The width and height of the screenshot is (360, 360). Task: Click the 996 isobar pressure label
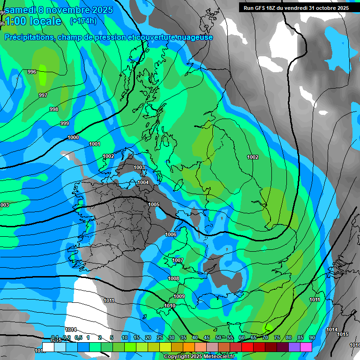click(32, 72)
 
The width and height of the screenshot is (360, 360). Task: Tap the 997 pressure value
click(43, 95)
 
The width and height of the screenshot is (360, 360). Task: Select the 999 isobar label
click(65, 123)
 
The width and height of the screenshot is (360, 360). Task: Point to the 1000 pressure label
click(73, 137)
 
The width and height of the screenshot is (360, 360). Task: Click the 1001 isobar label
click(95, 144)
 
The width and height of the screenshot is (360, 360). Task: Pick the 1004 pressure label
click(143, 182)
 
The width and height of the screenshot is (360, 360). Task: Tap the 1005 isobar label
click(154, 204)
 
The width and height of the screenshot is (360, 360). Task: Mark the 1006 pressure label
click(171, 234)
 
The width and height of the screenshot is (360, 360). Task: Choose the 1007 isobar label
click(178, 260)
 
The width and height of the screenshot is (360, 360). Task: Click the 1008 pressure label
click(173, 278)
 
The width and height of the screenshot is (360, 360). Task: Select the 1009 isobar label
click(179, 296)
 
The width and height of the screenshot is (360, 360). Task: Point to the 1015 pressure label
click(343, 334)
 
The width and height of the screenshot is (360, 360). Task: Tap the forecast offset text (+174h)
click(83, 21)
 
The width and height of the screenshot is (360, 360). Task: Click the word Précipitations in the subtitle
click(28, 37)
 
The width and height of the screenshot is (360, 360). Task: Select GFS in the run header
click(259, 8)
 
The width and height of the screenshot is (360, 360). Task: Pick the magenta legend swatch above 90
click(306, 347)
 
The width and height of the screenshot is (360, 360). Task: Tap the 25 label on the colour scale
click(160, 337)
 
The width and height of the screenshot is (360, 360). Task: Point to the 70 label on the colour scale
click(265, 337)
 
